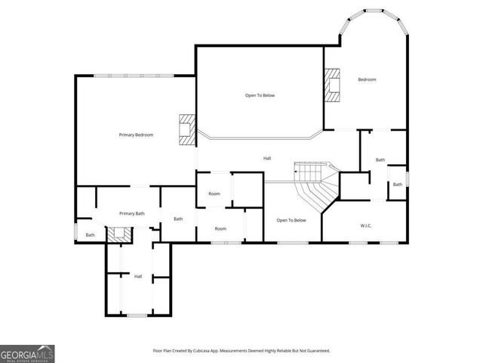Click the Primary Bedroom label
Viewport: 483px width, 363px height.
pyautogui.click(x=136, y=135)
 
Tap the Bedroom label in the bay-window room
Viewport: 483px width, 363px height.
pyautogui.click(x=367, y=79)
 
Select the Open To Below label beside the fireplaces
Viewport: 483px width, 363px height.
pyautogui.click(x=260, y=95)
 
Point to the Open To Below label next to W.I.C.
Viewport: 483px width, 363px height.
pyautogui.click(x=291, y=220)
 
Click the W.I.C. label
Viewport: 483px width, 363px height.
pyautogui.click(x=366, y=225)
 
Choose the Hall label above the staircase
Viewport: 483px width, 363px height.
pyautogui.click(x=267, y=158)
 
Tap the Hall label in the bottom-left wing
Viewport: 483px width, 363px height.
pyautogui.click(x=138, y=276)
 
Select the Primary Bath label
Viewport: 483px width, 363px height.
pyautogui.click(x=131, y=213)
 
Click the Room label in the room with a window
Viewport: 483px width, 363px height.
pyautogui.click(x=220, y=228)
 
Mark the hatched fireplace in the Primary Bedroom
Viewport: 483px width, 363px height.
pyautogui.click(x=186, y=129)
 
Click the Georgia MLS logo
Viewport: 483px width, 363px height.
pyautogui.click(x=27, y=353)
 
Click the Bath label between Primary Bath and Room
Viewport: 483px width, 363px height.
pyautogui.click(x=178, y=219)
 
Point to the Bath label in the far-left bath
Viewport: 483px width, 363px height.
pyautogui.click(x=90, y=234)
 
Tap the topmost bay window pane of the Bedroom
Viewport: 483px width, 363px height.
pyautogui.click(x=375, y=10)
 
